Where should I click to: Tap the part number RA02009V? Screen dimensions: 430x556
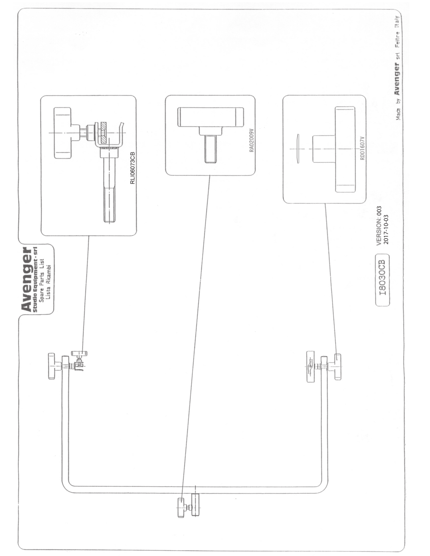252,140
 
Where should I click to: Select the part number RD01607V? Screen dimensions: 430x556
363,148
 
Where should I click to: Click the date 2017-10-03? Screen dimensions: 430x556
386,229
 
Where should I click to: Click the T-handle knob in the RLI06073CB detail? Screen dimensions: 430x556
62,132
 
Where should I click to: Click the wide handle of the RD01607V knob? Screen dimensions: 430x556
345,149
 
